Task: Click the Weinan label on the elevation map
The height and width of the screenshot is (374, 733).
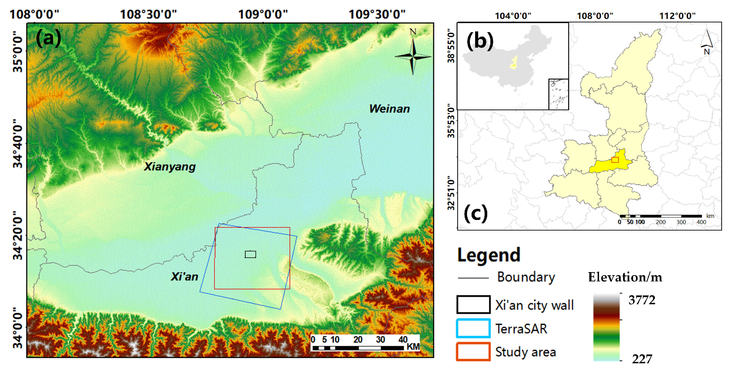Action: coord(389,109)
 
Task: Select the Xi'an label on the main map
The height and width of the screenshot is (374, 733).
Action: coord(184,277)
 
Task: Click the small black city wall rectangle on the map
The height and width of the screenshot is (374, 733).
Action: coord(251,254)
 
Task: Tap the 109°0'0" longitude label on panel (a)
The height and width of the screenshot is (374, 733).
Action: coord(263,14)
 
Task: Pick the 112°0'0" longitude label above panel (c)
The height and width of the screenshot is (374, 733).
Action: coord(678,16)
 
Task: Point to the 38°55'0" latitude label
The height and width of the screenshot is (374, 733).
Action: coord(451,45)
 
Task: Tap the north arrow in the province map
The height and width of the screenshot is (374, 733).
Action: coord(707,40)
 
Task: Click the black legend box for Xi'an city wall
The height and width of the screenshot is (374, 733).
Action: coord(473,304)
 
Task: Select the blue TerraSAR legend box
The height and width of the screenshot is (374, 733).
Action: coord(473,328)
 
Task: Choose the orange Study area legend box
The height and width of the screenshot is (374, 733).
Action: coord(473,352)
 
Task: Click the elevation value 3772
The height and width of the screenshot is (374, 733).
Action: coord(642,300)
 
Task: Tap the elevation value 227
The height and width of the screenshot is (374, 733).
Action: coord(642,359)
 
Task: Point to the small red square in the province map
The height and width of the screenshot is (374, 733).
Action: coord(615,160)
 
